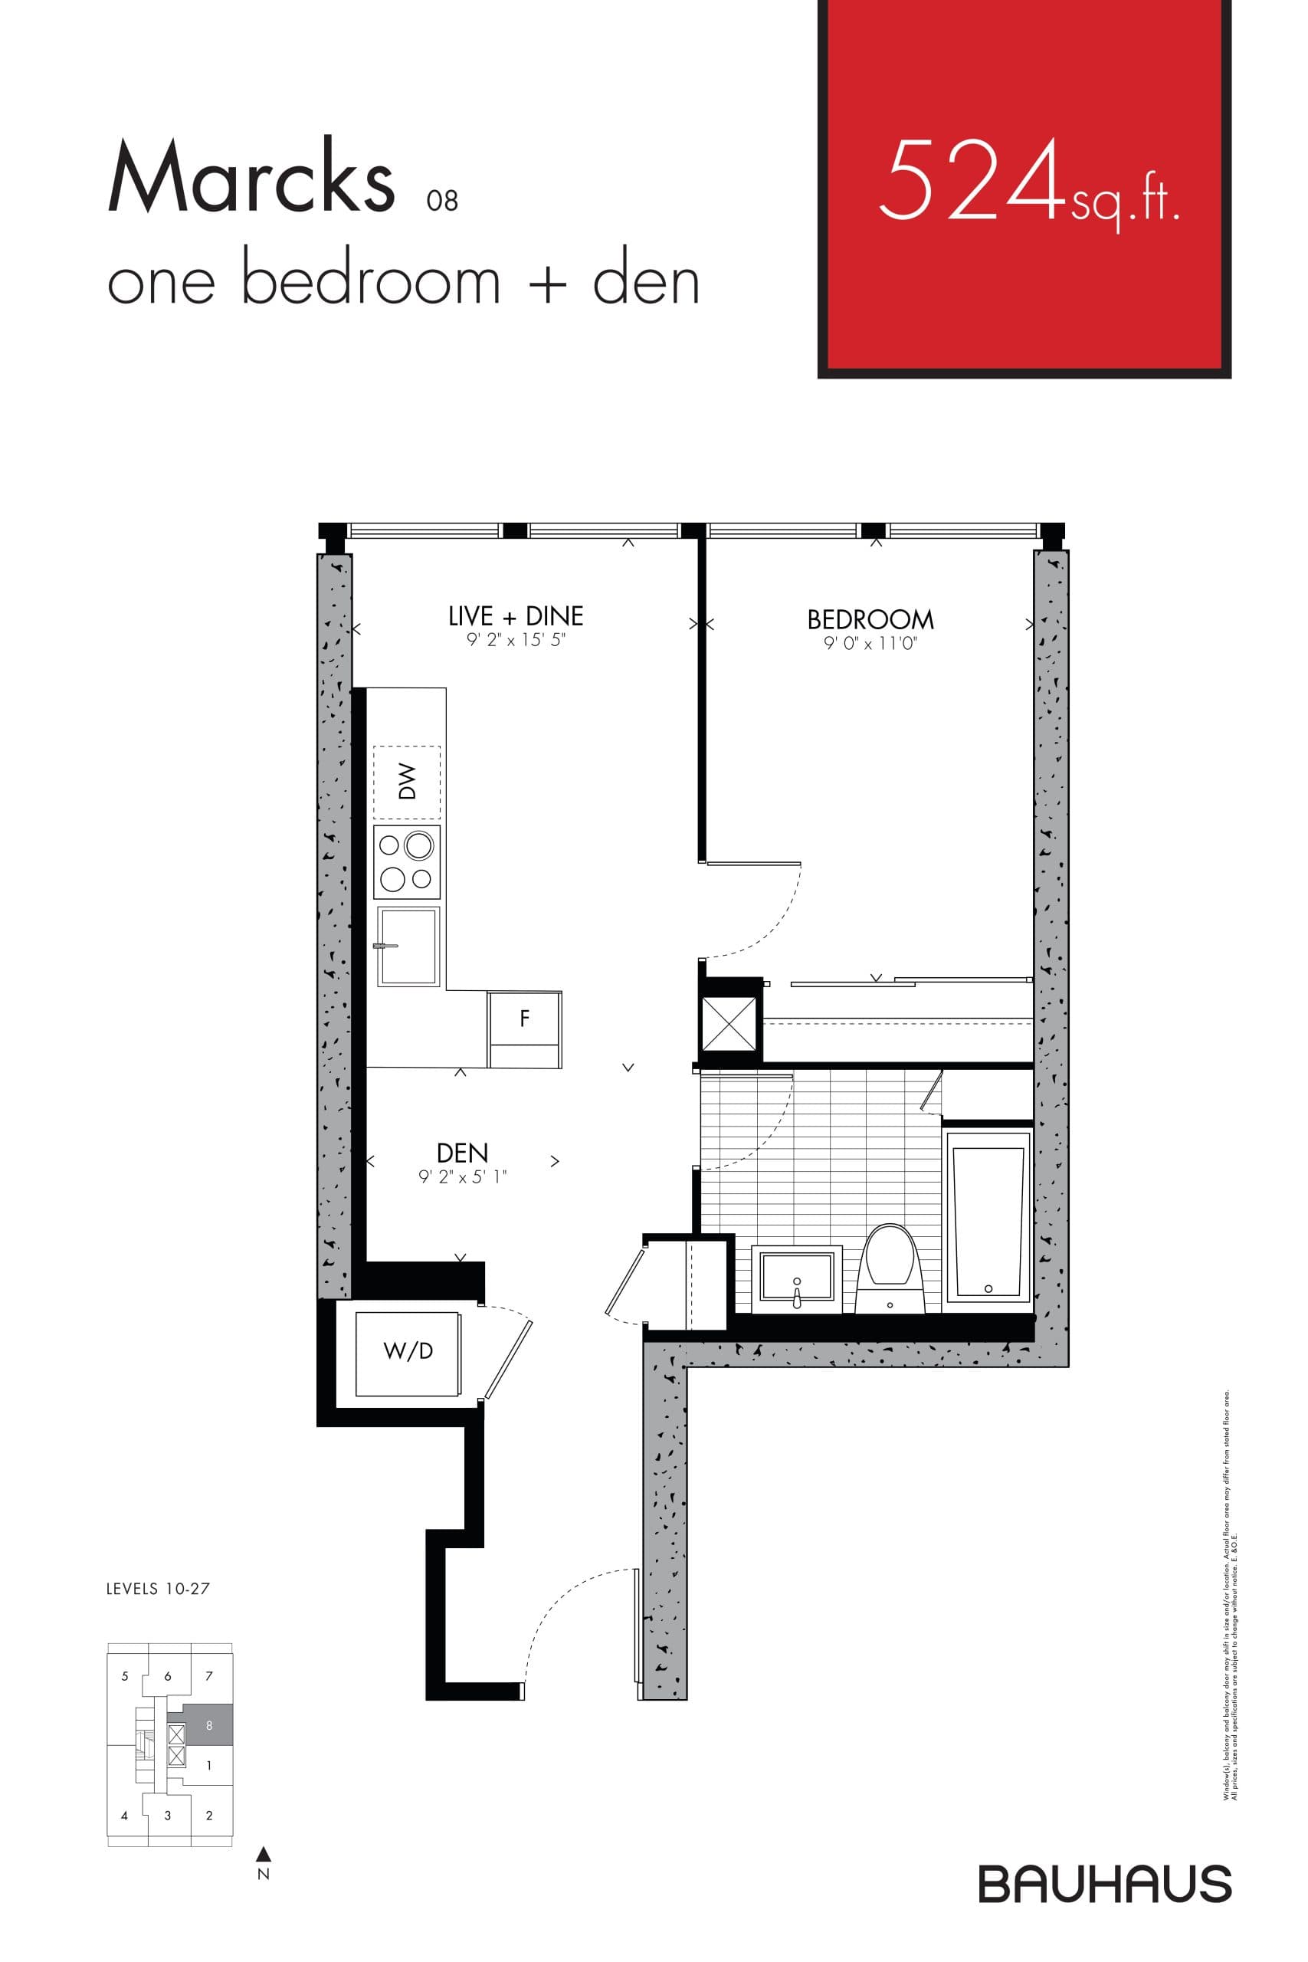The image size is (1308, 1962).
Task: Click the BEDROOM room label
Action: (870, 620)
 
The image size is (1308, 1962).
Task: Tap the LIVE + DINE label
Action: (516, 616)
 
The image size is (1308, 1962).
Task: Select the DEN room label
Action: (462, 1153)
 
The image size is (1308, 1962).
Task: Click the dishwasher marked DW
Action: (407, 782)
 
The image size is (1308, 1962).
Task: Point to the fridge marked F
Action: (525, 1018)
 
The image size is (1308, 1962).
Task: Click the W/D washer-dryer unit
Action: (408, 1350)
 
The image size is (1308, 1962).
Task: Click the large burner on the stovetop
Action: (419, 846)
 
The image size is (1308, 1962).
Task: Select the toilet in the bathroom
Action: (890, 1266)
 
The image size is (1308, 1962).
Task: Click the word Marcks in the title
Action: (251, 178)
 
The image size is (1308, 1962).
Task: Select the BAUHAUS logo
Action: (1104, 1884)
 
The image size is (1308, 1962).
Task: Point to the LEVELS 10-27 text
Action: (158, 1589)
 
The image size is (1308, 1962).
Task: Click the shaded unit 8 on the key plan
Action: (208, 1725)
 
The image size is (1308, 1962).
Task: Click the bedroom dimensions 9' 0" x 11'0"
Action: (870, 644)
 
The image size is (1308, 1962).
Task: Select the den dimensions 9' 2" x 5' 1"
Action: (462, 1177)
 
